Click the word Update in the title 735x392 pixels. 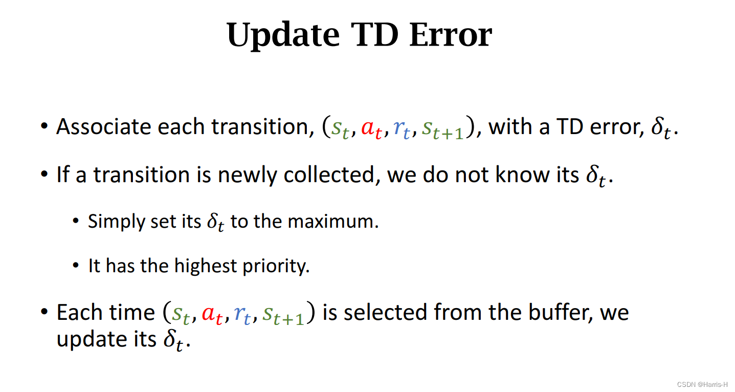(x=283, y=35)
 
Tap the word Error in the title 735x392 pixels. (x=451, y=34)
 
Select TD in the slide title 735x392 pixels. (x=375, y=34)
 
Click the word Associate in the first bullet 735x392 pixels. (x=103, y=126)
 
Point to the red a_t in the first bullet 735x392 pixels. (x=372, y=128)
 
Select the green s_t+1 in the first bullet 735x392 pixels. (x=442, y=128)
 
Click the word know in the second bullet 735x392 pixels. (x=522, y=175)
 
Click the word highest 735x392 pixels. (x=206, y=266)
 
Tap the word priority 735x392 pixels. (x=276, y=266)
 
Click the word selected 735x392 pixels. (x=385, y=312)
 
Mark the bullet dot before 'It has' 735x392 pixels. (x=76, y=265)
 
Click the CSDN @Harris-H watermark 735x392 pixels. (x=702, y=384)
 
